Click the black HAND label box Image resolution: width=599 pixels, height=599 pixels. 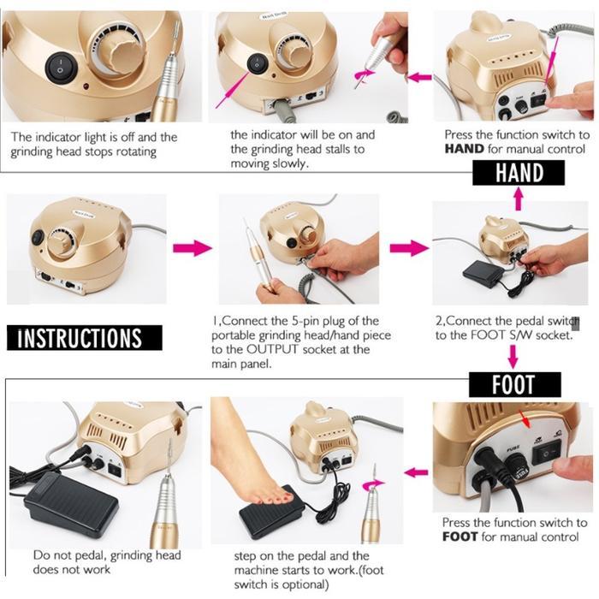(x=519, y=173)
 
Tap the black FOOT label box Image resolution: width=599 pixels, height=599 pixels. (x=513, y=384)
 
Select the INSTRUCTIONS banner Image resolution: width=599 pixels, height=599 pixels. (x=80, y=337)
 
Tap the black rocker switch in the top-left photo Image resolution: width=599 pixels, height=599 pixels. (x=58, y=62)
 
